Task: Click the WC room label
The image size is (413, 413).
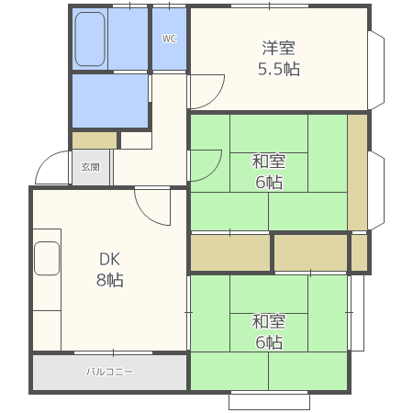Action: pos(169,39)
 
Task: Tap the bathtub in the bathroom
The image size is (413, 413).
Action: pos(90,39)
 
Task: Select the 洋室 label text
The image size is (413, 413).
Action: pos(279,49)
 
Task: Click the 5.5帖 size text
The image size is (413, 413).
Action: pos(279,69)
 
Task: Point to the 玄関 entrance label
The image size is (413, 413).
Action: pos(90,167)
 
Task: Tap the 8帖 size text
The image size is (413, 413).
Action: pos(110,280)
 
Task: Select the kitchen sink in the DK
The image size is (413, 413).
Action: pos(47,259)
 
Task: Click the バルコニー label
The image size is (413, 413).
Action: pos(110,373)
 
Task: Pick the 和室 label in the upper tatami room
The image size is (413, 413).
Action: pos(269,162)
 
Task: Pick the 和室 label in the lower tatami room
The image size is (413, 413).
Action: pos(269,322)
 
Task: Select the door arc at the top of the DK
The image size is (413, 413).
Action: pos(154,207)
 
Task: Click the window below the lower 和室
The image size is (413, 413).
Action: pos(269,400)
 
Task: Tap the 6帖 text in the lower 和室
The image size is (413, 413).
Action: pos(269,342)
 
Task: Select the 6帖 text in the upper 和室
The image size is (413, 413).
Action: pos(269,183)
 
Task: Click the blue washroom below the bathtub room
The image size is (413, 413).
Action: pos(110,101)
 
